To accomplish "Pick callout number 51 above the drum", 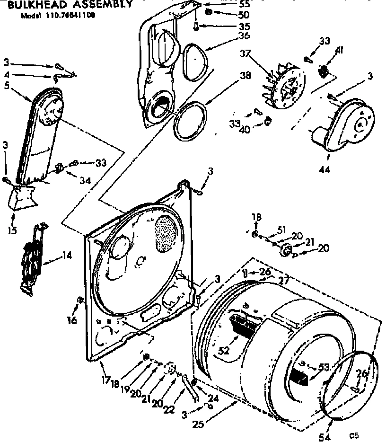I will click(281, 230).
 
